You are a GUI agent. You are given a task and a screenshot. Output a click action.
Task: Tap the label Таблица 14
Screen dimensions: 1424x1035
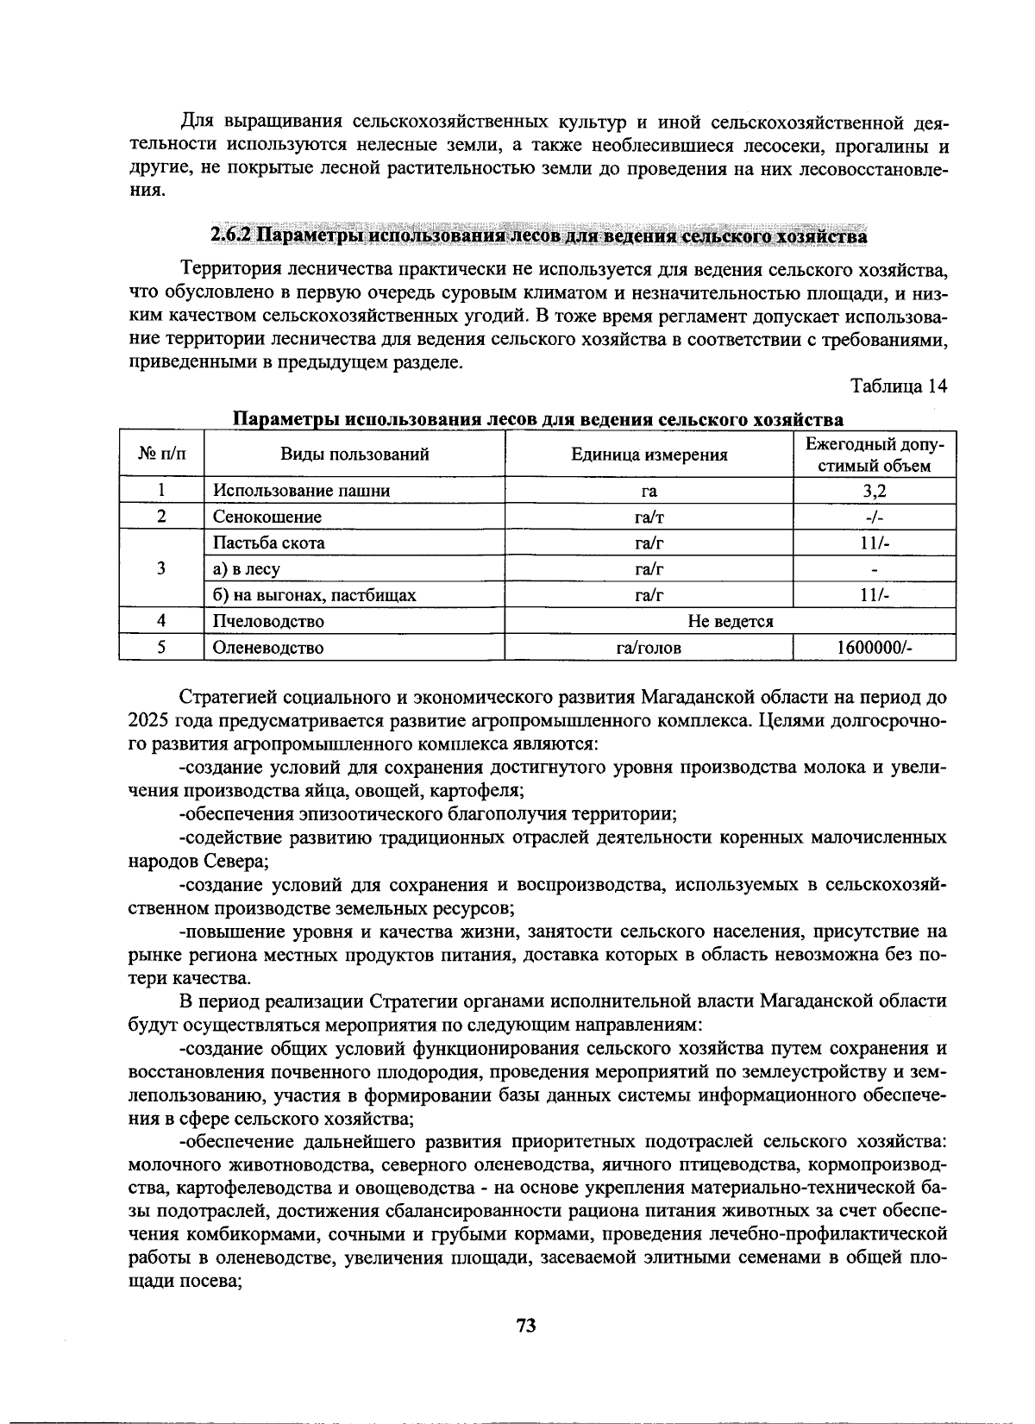[899, 386]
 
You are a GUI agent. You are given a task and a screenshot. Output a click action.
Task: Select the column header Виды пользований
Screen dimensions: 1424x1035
[354, 455]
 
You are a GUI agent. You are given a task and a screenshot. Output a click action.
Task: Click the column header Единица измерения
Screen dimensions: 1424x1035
[649, 455]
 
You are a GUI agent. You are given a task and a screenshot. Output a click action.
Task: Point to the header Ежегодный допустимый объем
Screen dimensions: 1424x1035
[874, 455]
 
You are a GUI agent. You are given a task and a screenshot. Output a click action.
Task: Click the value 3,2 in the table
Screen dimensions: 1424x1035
[874, 491]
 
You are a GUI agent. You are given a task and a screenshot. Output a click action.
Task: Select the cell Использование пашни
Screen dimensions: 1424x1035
[302, 491]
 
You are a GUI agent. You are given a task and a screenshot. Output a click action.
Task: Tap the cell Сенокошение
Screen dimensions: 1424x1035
[267, 517]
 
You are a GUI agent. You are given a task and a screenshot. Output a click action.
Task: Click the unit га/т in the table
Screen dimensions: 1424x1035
[649, 517]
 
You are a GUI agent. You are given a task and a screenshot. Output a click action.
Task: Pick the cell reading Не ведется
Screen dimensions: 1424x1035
[730, 621]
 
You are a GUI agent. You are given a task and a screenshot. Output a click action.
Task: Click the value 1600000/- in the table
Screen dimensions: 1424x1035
[874, 648]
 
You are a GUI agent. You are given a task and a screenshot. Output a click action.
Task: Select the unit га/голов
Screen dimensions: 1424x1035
[649, 648]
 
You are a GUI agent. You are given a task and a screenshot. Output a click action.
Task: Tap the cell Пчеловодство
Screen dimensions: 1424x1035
[269, 621]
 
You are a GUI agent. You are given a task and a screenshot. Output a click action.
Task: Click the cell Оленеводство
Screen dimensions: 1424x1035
[269, 648]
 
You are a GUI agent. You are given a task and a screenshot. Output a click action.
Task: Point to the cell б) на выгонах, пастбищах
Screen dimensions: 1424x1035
[315, 595]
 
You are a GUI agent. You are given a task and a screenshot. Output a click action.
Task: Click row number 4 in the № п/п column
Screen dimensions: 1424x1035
[161, 621]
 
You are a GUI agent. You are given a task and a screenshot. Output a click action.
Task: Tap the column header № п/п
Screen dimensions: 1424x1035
[161, 455]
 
